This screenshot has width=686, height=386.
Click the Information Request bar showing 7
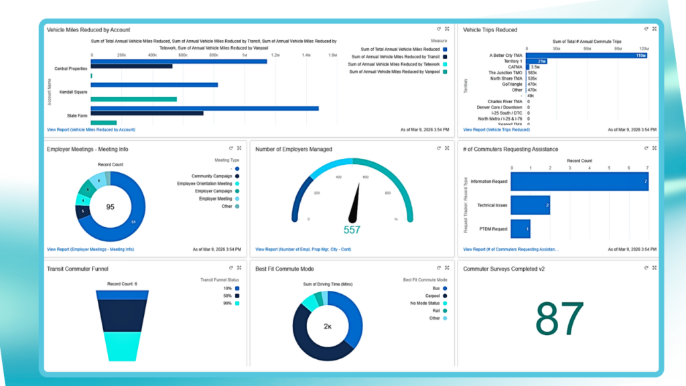click(x=579, y=181)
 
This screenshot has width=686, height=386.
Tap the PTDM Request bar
click(x=521, y=229)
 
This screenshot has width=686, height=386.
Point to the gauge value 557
click(x=352, y=230)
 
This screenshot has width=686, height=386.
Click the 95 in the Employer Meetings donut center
click(x=111, y=207)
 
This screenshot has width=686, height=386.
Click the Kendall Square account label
click(x=74, y=91)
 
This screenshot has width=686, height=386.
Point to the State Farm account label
click(x=76, y=115)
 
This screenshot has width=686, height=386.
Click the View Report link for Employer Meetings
click(x=90, y=249)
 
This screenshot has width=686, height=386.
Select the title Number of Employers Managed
click(x=293, y=149)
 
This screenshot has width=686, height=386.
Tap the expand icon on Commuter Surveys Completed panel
click(x=654, y=268)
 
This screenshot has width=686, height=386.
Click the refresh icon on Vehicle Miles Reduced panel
click(x=438, y=29)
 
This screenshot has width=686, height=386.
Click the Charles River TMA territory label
click(x=505, y=101)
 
